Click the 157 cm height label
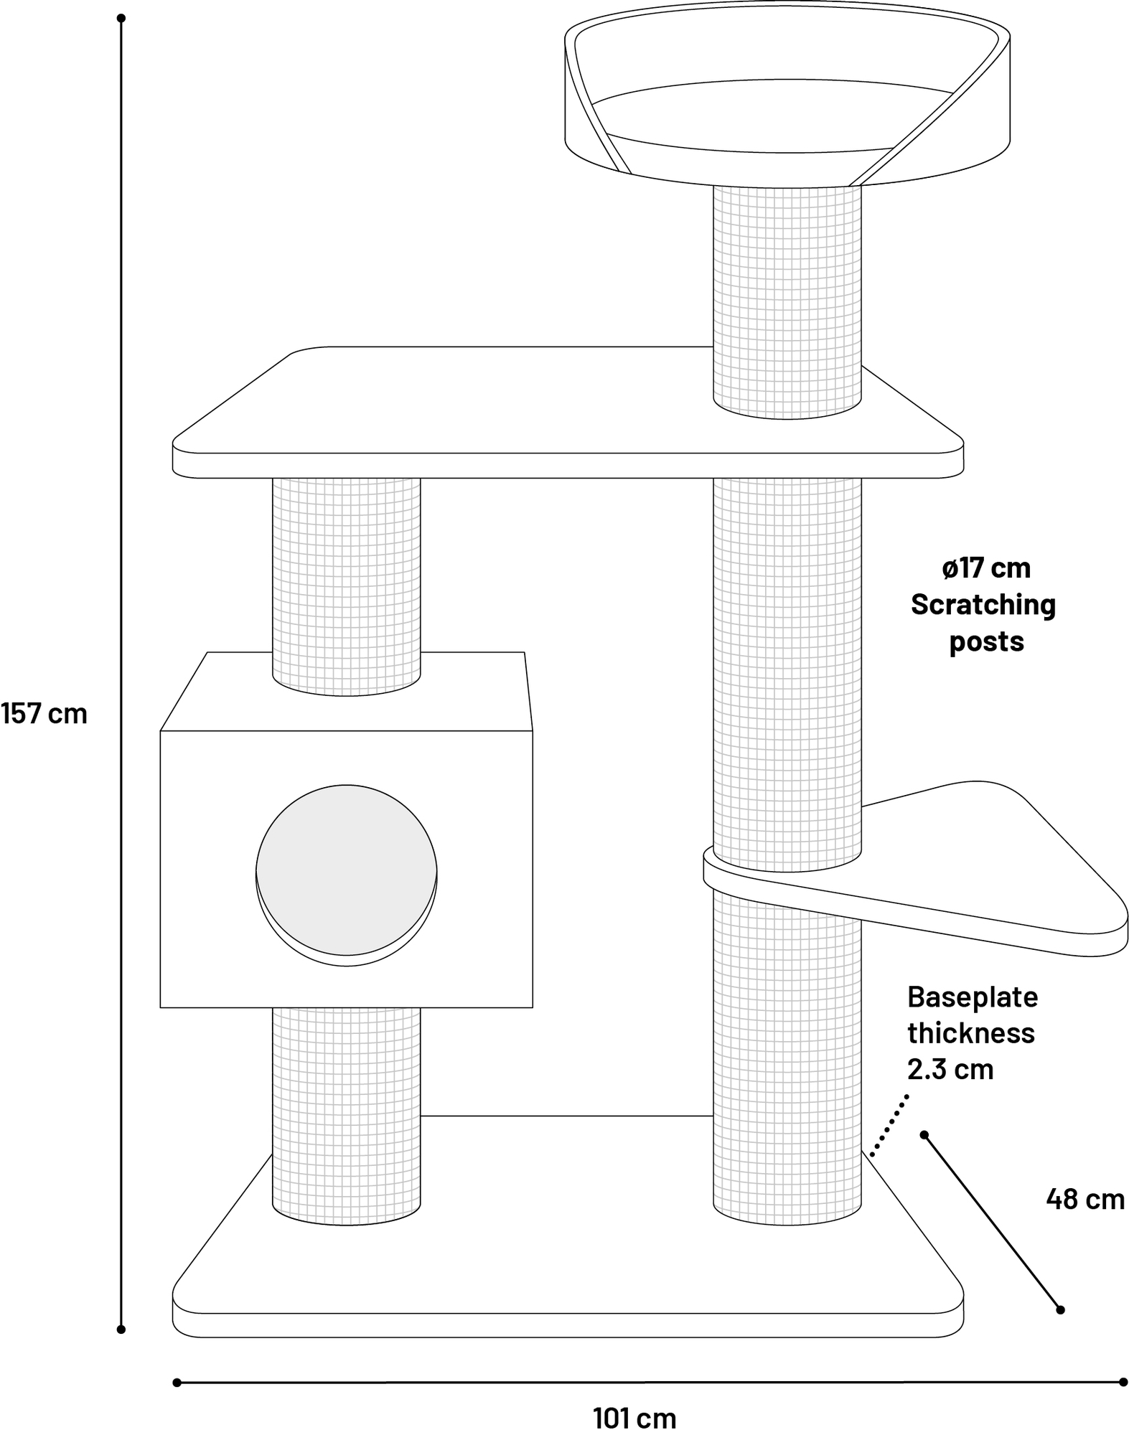point(44,714)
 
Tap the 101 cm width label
point(634,1418)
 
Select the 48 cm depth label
point(1085,1199)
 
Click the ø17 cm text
point(986,568)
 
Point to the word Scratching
point(983,605)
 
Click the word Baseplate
point(973,997)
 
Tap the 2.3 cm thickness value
point(950,1069)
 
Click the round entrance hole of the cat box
point(346,870)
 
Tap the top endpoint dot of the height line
point(121,18)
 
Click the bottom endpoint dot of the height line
point(121,1330)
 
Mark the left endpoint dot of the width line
point(177,1383)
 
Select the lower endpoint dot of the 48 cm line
point(1060,1310)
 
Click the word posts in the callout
point(986,641)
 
